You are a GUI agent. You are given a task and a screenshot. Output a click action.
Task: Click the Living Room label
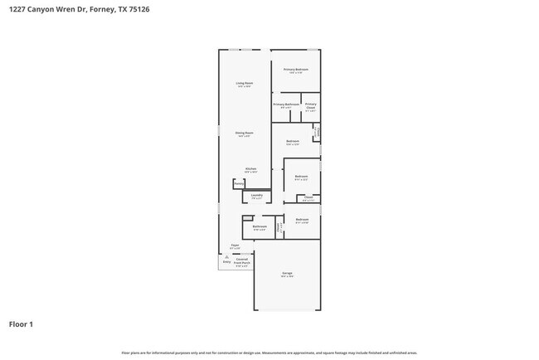click(x=244, y=84)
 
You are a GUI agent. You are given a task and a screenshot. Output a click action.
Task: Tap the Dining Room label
click(x=244, y=133)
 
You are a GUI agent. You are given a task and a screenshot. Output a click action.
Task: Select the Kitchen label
click(x=250, y=168)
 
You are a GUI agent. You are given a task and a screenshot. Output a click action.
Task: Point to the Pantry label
click(x=238, y=184)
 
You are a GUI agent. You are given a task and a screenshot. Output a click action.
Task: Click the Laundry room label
click(x=257, y=196)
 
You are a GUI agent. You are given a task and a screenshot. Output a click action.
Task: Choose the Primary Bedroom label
click(x=296, y=69)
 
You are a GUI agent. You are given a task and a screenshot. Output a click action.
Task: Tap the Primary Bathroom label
click(x=286, y=105)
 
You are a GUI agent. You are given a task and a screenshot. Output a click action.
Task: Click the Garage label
click(x=287, y=273)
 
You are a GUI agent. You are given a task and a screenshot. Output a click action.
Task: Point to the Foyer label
click(x=235, y=246)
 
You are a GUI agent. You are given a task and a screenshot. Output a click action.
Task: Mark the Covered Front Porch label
click(x=242, y=261)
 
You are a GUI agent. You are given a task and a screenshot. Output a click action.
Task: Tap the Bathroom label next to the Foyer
click(x=260, y=226)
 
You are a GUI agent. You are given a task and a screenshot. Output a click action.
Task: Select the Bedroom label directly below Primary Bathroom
click(x=293, y=141)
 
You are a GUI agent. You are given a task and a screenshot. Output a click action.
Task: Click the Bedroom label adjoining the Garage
click(x=302, y=220)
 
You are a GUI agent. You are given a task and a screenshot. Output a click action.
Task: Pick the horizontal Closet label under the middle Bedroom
click(x=308, y=197)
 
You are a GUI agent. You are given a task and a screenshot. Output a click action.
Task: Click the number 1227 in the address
click(x=18, y=10)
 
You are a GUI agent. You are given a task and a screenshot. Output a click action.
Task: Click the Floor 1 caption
click(x=22, y=324)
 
